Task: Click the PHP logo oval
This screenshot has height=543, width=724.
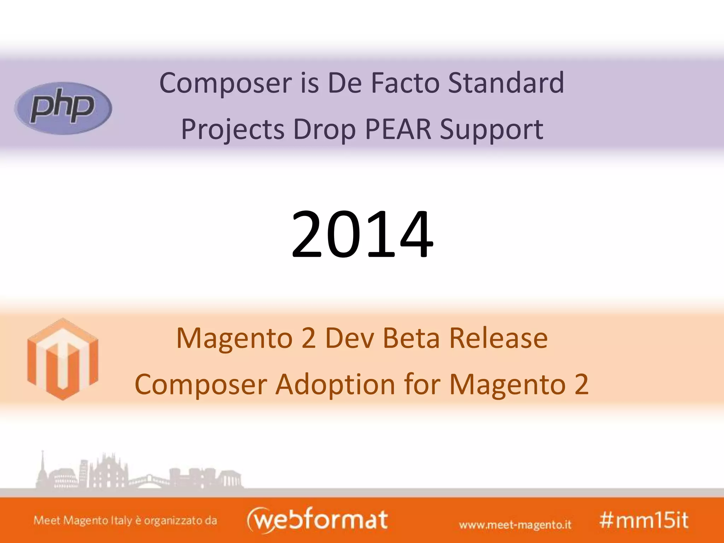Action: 63,108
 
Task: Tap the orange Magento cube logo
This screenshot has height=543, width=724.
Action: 63,359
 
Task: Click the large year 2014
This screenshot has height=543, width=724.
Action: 362,234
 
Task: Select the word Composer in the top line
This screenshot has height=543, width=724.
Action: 226,83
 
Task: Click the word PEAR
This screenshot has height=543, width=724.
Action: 398,129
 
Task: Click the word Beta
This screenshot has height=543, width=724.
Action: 411,338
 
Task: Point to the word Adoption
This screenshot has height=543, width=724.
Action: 335,385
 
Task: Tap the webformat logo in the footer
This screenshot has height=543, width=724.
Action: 317,520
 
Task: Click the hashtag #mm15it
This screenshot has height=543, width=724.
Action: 644,520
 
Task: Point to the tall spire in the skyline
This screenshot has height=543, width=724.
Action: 43,467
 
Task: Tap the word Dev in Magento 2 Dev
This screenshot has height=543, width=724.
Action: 349,338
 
